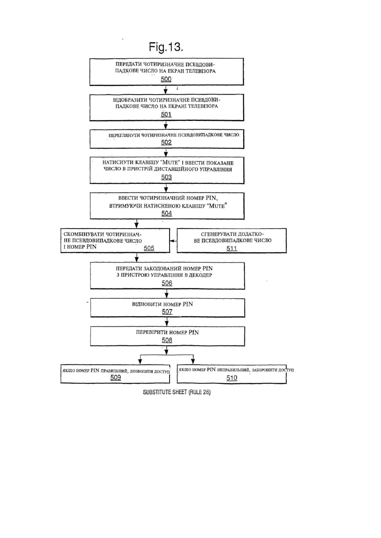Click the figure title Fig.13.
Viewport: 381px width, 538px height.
[166, 47]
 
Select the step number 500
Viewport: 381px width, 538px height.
[166, 79]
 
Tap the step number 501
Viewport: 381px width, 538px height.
[166, 115]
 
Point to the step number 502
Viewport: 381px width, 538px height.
[166, 142]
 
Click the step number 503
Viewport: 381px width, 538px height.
[166, 177]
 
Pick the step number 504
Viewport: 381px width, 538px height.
[167, 213]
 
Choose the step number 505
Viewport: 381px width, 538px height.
[149, 248]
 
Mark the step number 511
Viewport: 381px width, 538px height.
[232, 249]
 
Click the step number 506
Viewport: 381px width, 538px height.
[167, 283]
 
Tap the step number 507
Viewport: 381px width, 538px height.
[167, 312]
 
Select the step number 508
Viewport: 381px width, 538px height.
[167, 340]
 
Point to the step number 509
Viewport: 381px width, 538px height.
[115, 377]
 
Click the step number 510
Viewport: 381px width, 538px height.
[232, 378]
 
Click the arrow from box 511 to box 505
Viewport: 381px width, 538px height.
[173, 241]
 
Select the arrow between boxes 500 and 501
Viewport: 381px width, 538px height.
[165, 90]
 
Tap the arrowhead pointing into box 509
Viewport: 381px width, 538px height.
[140, 362]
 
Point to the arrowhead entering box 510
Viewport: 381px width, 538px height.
[193, 362]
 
